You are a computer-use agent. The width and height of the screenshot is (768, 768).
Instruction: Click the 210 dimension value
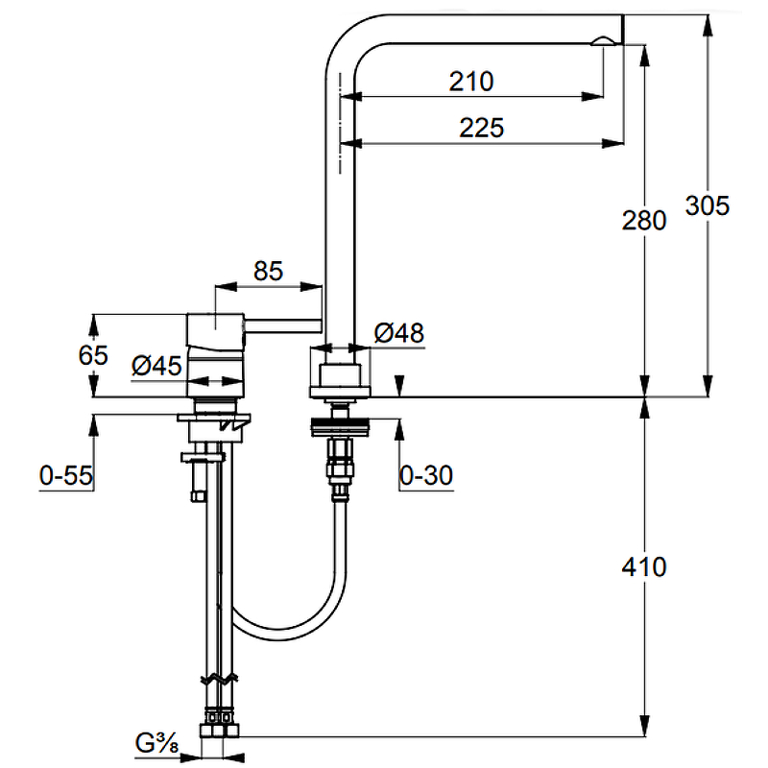click(471, 82)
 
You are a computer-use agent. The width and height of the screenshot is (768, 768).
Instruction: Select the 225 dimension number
click(482, 128)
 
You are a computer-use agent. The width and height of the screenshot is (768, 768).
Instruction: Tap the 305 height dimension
click(708, 205)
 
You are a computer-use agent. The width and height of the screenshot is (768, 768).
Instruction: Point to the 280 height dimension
click(644, 220)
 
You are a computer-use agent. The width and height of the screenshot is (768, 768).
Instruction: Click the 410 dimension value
click(644, 566)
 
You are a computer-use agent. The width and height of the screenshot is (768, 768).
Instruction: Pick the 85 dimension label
click(269, 271)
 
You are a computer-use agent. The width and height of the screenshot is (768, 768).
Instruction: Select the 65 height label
click(93, 355)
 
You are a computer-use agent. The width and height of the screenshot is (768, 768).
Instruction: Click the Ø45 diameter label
click(156, 366)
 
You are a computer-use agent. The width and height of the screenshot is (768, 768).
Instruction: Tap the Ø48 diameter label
click(399, 333)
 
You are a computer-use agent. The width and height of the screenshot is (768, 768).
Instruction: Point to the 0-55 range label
click(66, 475)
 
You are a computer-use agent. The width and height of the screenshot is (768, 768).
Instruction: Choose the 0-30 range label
click(426, 475)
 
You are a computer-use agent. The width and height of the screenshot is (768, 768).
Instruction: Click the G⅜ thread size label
click(156, 744)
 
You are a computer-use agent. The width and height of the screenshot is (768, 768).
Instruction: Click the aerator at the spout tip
click(605, 41)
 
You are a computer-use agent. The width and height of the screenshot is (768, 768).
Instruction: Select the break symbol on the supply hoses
click(220, 679)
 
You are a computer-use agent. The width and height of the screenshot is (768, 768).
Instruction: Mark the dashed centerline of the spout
click(340, 123)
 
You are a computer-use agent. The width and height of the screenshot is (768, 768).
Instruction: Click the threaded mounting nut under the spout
click(341, 427)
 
